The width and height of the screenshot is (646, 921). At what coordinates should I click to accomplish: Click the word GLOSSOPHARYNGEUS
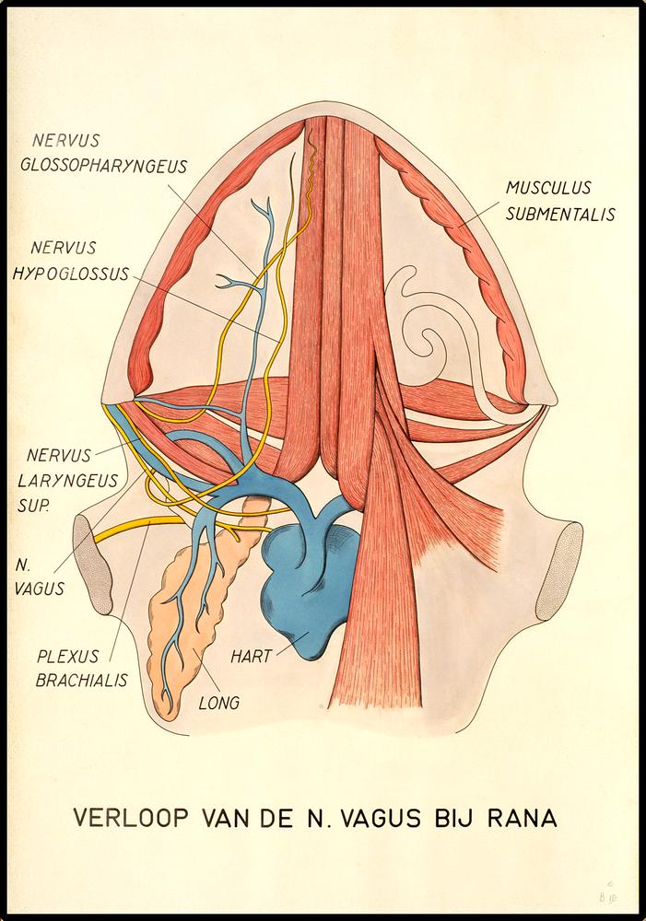(x=110, y=167)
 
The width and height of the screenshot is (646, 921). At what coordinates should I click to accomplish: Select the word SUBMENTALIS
(x=560, y=214)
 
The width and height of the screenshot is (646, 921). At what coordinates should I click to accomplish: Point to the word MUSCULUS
(x=548, y=188)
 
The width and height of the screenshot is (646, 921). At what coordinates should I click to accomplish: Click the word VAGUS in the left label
(x=41, y=589)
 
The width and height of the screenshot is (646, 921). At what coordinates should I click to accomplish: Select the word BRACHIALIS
(x=82, y=681)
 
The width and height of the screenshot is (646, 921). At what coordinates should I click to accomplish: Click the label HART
(x=251, y=658)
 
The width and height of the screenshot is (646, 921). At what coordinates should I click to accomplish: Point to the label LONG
(x=219, y=703)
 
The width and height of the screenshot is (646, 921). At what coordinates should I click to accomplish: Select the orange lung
(x=189, y=617)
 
